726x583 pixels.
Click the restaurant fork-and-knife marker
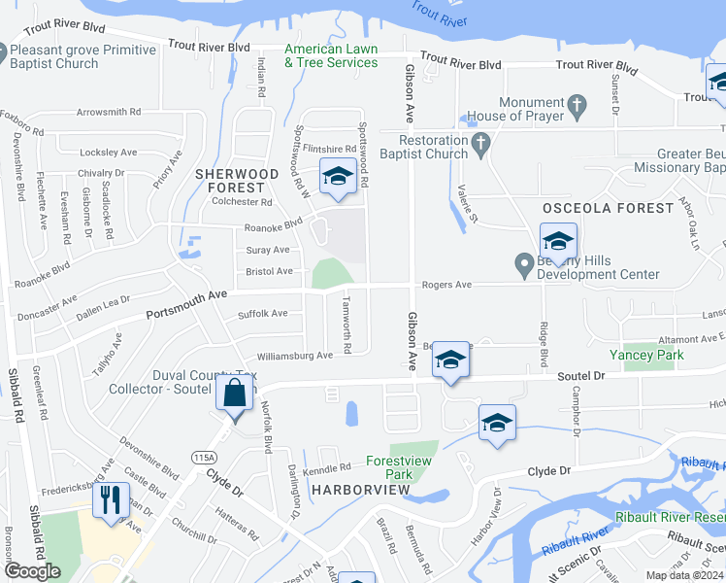pyautogui.click(x=110, y=500)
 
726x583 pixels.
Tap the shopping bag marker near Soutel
pyautogui.click(x=234, y=394)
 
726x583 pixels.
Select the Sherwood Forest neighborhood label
pyautogui.click(x=237, y=180)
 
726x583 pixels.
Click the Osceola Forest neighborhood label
pyautogui.click(x=608, y=208)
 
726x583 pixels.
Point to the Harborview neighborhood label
pyautogui.click(x=362, y=490)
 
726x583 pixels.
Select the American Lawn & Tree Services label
pyautogui.click(x=331, y=56)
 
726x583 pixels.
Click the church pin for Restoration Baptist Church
pyautogui.click(x=479, y=147)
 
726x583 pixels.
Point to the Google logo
pyautogui.click(x=32, y=570)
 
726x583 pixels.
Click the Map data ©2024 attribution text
pyautogui.click(x=684, y=575)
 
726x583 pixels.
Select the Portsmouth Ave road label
pyautogui.click(x=186, y=304)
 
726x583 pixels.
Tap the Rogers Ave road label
pyautogui.click(x=445, y=285)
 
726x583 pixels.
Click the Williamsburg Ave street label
pyautogui.click(x=294, y=356)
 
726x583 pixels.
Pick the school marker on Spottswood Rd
pyautogui.click(x=338, y=176)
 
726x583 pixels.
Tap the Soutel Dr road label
pyautogui.click(x=581, y=375)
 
